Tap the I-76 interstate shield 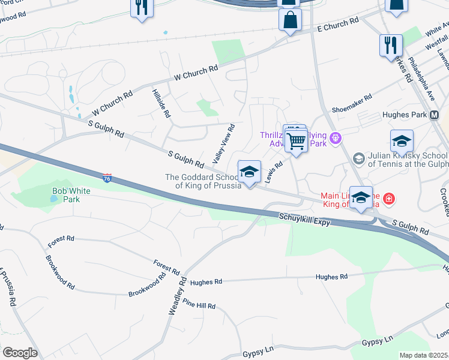point(106,179)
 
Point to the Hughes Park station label point(404,115)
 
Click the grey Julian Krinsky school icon point(359,158)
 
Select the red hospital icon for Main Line point(389,197)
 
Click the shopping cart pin point(296,142)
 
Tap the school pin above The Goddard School point(249,173)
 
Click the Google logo point(20,352)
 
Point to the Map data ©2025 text point(423,355)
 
